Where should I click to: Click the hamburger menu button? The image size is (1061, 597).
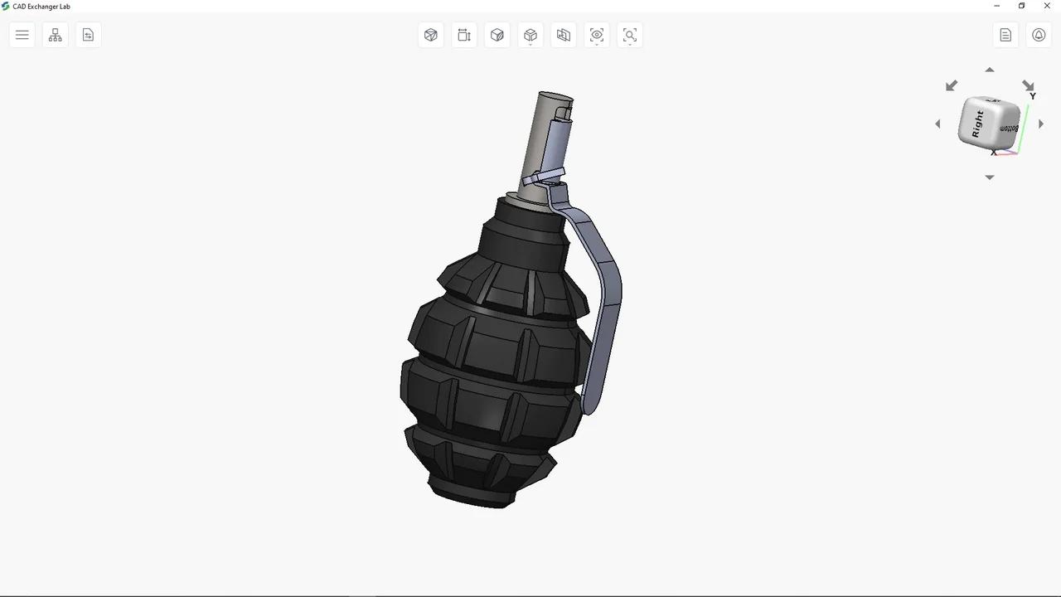(x=22, y=35)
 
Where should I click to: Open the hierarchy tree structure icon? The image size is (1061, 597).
(x=56, y=35)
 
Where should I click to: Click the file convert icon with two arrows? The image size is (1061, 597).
(x=89, y=35)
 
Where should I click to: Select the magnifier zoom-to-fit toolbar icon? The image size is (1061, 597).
(x=630, y=35)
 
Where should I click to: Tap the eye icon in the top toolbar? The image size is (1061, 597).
(x=597, y=35)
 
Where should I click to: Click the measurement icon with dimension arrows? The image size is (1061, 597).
(x=464, y=35)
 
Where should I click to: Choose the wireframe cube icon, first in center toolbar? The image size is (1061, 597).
(x=431, y=35)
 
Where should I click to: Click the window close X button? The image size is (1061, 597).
(x=1046, y=7)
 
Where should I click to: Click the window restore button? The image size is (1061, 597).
(x=1021, y=7)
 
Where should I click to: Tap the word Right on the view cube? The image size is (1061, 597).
(x=977, y=124)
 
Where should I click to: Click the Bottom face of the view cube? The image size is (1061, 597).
(x=1009, y=129)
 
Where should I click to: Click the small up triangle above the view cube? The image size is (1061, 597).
(x=989, y=70)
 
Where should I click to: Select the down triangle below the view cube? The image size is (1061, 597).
(x=989, y=177)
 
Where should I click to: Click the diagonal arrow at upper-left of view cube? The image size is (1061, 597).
(x=952, y=85)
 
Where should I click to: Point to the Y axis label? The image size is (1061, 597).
(x=1033, y=96)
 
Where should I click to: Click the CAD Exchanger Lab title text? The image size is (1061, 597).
(x=41, y=7)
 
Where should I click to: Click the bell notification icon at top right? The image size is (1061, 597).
(x=1039, y=35)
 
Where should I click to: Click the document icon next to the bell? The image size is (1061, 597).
(x=1005, y=35)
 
